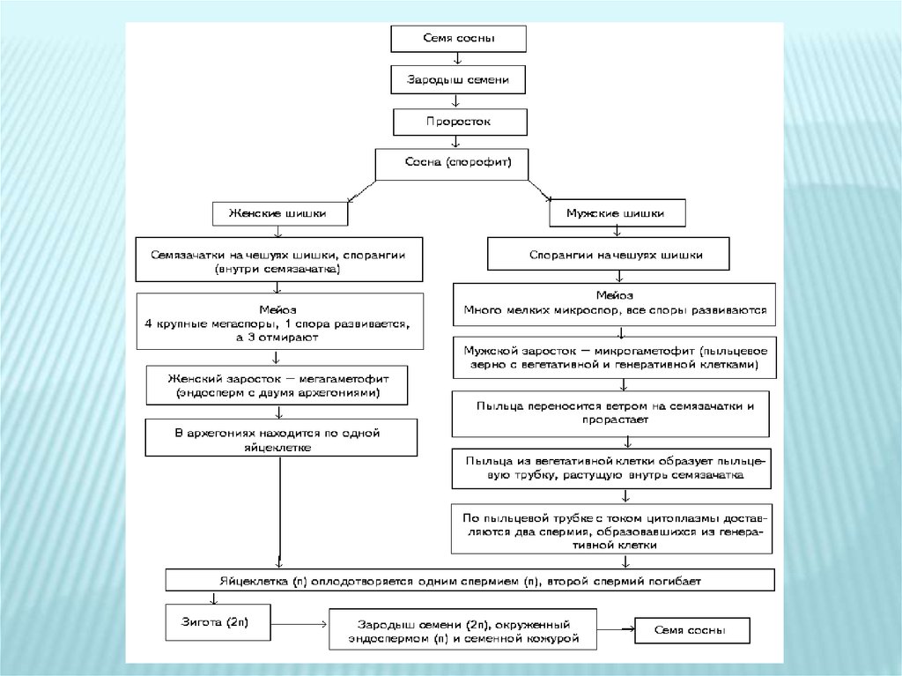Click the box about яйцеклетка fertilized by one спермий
pos(470,580)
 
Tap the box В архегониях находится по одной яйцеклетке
pos(280,437)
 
